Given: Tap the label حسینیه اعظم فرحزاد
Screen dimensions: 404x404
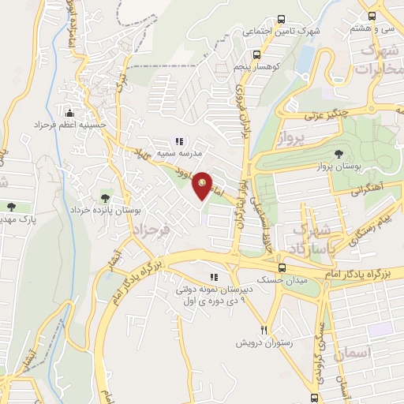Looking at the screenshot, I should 69,125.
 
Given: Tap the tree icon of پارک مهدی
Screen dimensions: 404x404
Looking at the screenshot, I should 10,207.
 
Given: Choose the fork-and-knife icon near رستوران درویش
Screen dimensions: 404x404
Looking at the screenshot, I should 265,331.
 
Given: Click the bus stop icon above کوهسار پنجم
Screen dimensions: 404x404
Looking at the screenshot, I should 256,54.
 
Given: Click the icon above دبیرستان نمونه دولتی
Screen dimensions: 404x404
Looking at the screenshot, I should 213,277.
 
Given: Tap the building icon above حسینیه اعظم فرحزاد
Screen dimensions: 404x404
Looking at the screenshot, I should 69,111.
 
